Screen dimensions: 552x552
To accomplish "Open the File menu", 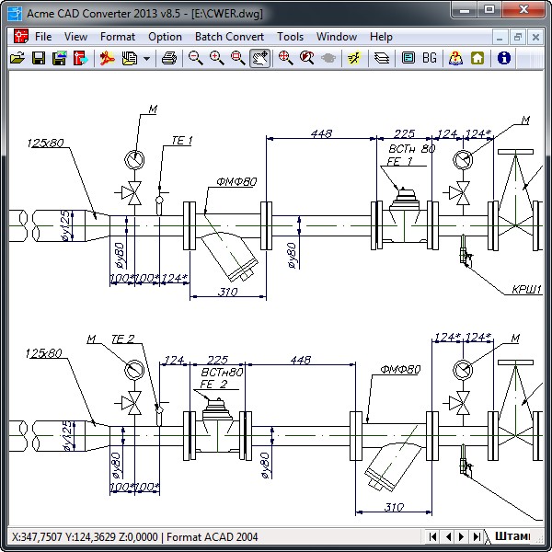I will [43, 37].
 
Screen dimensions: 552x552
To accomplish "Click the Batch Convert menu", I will [229, 37].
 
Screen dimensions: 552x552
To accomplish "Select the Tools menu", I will [290, 37].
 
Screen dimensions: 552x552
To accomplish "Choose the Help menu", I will [381, 37].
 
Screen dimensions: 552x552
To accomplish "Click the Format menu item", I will [118, 37].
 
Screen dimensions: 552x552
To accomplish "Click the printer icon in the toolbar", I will [168, 58].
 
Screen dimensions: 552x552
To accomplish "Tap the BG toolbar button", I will [430, 58].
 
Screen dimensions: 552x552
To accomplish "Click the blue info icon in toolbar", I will [503, 58].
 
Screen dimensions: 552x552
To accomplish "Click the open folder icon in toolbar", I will [17, 58].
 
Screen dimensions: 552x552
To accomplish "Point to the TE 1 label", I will [181, 141].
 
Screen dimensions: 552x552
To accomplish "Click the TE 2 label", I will [122, 339].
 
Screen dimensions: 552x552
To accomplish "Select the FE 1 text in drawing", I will [399, 161].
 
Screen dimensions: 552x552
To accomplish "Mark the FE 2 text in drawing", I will [213, 384].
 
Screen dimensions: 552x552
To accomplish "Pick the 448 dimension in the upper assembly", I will [321, 133].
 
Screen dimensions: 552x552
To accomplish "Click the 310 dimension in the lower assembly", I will [393, 507].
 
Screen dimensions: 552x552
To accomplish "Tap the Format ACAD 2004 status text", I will [213, 536].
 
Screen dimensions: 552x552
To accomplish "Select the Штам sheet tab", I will [512, 536].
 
